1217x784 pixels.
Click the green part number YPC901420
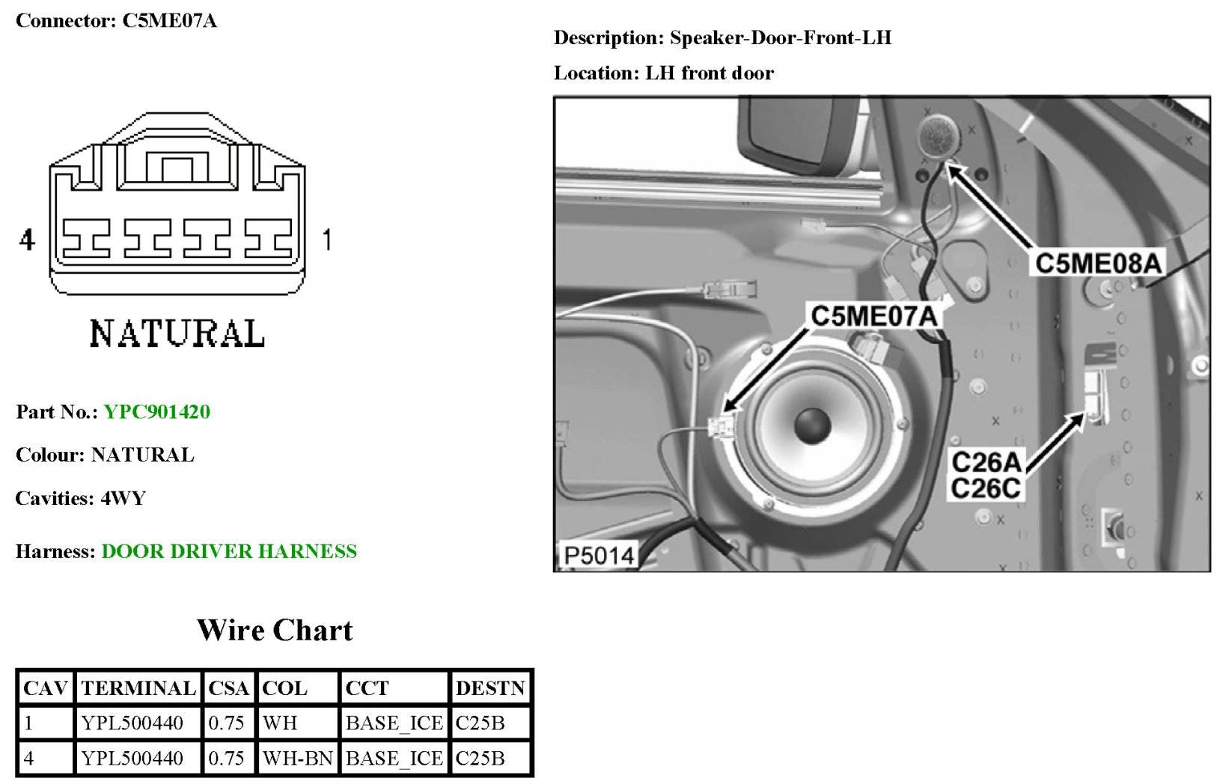156,412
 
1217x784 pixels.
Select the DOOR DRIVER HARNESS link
229,552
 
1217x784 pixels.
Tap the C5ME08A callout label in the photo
1098,263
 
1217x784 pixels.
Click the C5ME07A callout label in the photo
874,316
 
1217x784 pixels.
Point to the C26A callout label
986,462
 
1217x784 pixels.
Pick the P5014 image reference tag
598,556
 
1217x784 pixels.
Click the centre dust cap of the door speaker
812,425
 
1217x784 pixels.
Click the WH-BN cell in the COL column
297,759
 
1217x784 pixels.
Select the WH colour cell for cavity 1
281,723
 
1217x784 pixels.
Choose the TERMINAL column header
138,688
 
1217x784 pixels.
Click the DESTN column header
490,688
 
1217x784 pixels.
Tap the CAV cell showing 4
29,759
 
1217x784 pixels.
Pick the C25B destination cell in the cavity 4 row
480,759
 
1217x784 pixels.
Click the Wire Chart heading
274,631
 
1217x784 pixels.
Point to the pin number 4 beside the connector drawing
27,240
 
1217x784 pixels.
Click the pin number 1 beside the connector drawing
326,240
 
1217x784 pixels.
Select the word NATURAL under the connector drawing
177,334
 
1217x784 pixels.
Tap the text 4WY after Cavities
123,498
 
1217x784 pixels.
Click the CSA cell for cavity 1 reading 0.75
226,723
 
